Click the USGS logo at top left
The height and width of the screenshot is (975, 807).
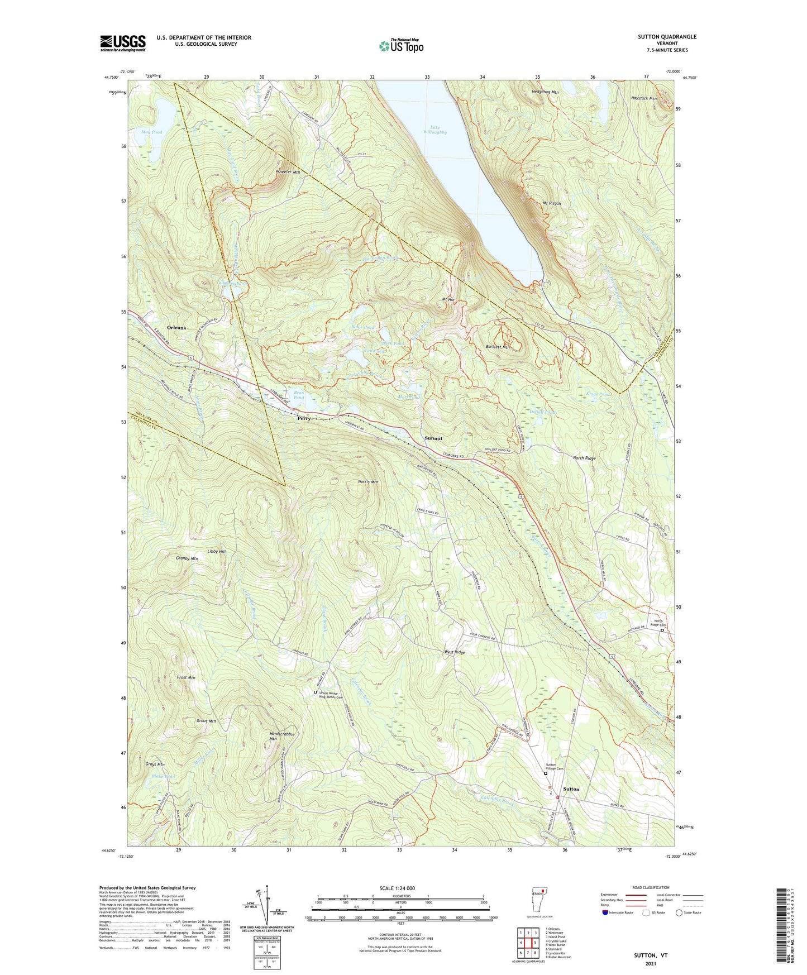coord(123,43)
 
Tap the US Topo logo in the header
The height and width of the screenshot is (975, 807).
coord(400,45)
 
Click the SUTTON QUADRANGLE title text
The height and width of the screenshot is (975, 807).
coord(667,37)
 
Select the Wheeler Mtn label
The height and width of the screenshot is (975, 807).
coord(288,172)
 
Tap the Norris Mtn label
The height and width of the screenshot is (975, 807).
coord(367,481)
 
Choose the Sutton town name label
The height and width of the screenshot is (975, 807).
coord(571,789)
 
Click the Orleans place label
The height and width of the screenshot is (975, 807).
coord(176,328)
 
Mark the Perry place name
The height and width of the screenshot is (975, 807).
coord(304,418)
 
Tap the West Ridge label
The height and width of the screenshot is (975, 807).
coord(454,652)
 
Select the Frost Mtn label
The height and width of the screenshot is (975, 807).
coord(186,677)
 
